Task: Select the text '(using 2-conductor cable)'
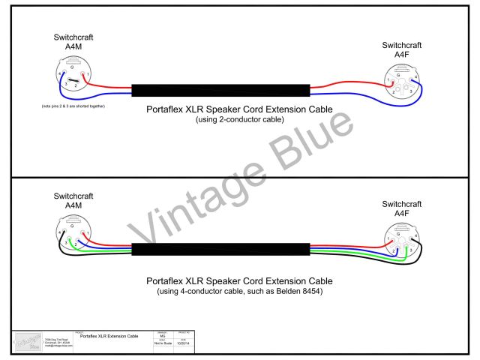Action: [x=234, y=119]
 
